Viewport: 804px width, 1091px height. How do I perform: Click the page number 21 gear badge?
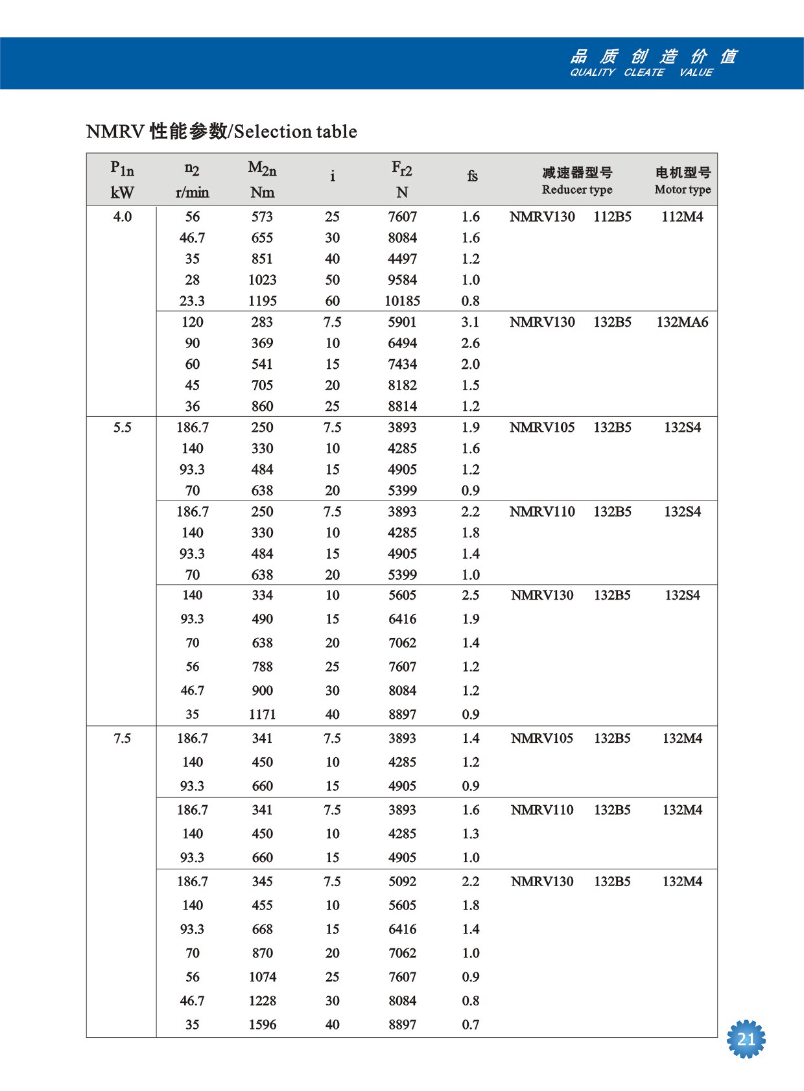click(x=746, y=1039)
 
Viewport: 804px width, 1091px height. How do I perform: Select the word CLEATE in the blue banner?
click(x=644, y=73)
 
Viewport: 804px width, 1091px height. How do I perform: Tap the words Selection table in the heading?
click(x=296, y=132)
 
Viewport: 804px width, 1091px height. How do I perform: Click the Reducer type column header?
click(x=577, y=189)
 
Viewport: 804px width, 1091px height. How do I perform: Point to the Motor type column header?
click(x=683, y=189)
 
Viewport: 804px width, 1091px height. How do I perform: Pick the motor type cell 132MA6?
click(x=682, y=322)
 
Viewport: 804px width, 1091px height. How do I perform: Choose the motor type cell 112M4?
click(x=682, y=217)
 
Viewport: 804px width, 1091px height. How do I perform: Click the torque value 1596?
click(x=263, y=1025)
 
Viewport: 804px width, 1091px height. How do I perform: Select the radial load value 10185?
click(x=402, y=301)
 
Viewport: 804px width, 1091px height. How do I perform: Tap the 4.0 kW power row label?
click(x=123, y=217)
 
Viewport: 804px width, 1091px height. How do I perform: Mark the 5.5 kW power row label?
click(x=123, y=428)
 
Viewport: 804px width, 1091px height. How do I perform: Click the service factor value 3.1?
click(x=471, y=322)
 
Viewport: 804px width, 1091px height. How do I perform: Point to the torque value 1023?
click(x=263, y=280)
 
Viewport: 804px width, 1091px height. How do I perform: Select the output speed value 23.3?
click(x=192, y=301)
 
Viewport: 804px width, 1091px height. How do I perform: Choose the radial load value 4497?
click(x=402, y=259)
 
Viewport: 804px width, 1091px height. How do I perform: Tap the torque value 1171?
click(x=263, y=714)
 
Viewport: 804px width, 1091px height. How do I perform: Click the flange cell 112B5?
click(x=612, y=217)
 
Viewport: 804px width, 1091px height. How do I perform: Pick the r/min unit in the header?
click(x=192, y=193)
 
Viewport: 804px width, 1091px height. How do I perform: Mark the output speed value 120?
click(x=192, y=322)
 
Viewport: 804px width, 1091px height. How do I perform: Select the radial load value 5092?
click(x=402, y=882)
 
